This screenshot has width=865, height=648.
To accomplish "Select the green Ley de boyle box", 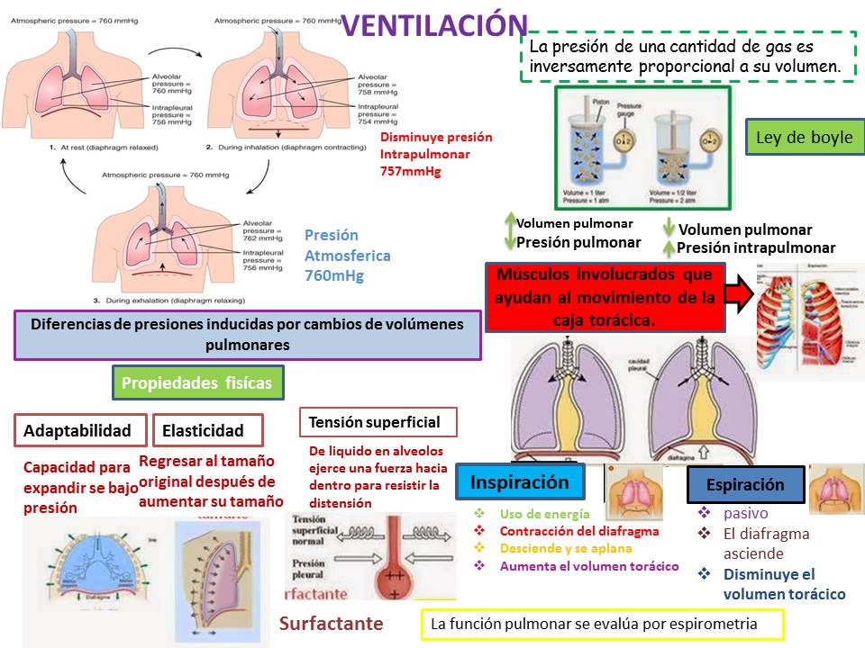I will [805, 138].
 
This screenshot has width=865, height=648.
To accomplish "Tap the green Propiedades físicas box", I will [197, 382].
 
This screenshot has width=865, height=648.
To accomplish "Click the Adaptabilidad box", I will [83, 430].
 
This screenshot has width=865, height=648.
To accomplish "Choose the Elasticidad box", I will [207, 430].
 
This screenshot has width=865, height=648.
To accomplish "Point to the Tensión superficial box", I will [377, 421].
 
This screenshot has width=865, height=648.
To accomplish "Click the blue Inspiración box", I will [520, 482].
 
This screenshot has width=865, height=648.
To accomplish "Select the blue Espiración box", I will [745, 484].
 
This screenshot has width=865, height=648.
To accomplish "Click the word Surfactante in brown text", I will [331, 624].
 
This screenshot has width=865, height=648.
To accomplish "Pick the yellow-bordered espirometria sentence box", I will [603, 623].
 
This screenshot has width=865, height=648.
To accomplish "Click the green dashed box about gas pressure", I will [687, 57].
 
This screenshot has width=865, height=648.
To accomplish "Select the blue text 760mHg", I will [334, 275].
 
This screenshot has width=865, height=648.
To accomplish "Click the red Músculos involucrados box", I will [605, 296].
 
